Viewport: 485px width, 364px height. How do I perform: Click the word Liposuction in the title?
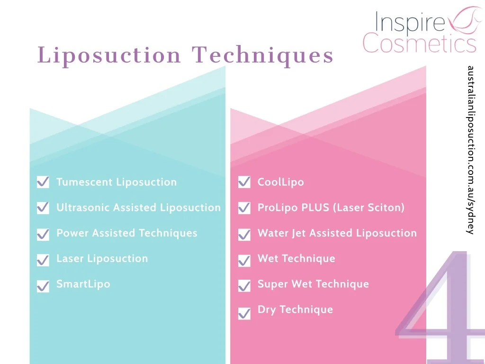tap(109, 55)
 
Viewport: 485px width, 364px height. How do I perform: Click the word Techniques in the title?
tap(263, 55)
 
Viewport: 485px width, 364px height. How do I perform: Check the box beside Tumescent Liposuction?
tap(43, 182)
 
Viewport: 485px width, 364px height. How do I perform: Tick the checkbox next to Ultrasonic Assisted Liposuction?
tap(43, 208)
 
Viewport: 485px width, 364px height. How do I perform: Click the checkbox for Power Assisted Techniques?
tap(43, 234)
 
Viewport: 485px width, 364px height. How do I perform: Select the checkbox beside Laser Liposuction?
tap(43, 259)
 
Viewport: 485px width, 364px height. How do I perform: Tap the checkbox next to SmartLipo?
tap(43, 285)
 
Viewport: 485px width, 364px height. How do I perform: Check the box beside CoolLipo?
tap(244, 182)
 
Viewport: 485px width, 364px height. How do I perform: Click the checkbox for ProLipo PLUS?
tap(244, 208)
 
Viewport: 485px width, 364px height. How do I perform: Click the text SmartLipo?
tap(83, 284)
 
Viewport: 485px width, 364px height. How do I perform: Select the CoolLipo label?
tap(281, 182)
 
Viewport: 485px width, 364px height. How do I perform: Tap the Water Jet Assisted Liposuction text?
tap(337, 233)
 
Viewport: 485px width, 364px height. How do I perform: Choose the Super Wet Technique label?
tap(313, 284)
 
